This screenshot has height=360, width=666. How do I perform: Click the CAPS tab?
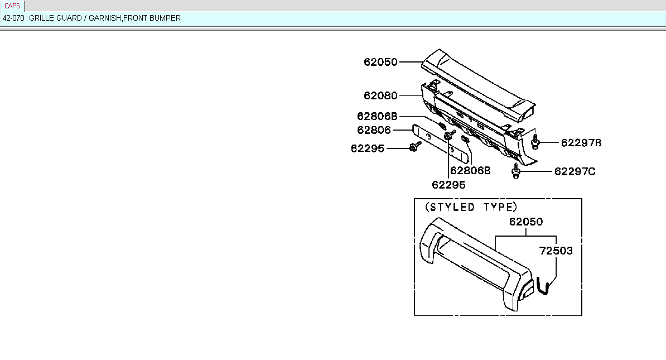(12, 6)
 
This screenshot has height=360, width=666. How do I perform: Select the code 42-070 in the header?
(13, 18)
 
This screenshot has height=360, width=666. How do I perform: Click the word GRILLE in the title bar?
(42, 18)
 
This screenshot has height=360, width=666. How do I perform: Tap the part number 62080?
(380, 95)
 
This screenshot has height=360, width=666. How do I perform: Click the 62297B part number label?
(581, 143)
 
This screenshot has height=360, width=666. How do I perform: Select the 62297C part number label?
(575, 171)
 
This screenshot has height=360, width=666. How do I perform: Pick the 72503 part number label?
(556, 251)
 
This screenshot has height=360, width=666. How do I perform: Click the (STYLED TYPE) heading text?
(471, 207)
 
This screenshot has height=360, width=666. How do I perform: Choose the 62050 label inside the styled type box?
(526, 222)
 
